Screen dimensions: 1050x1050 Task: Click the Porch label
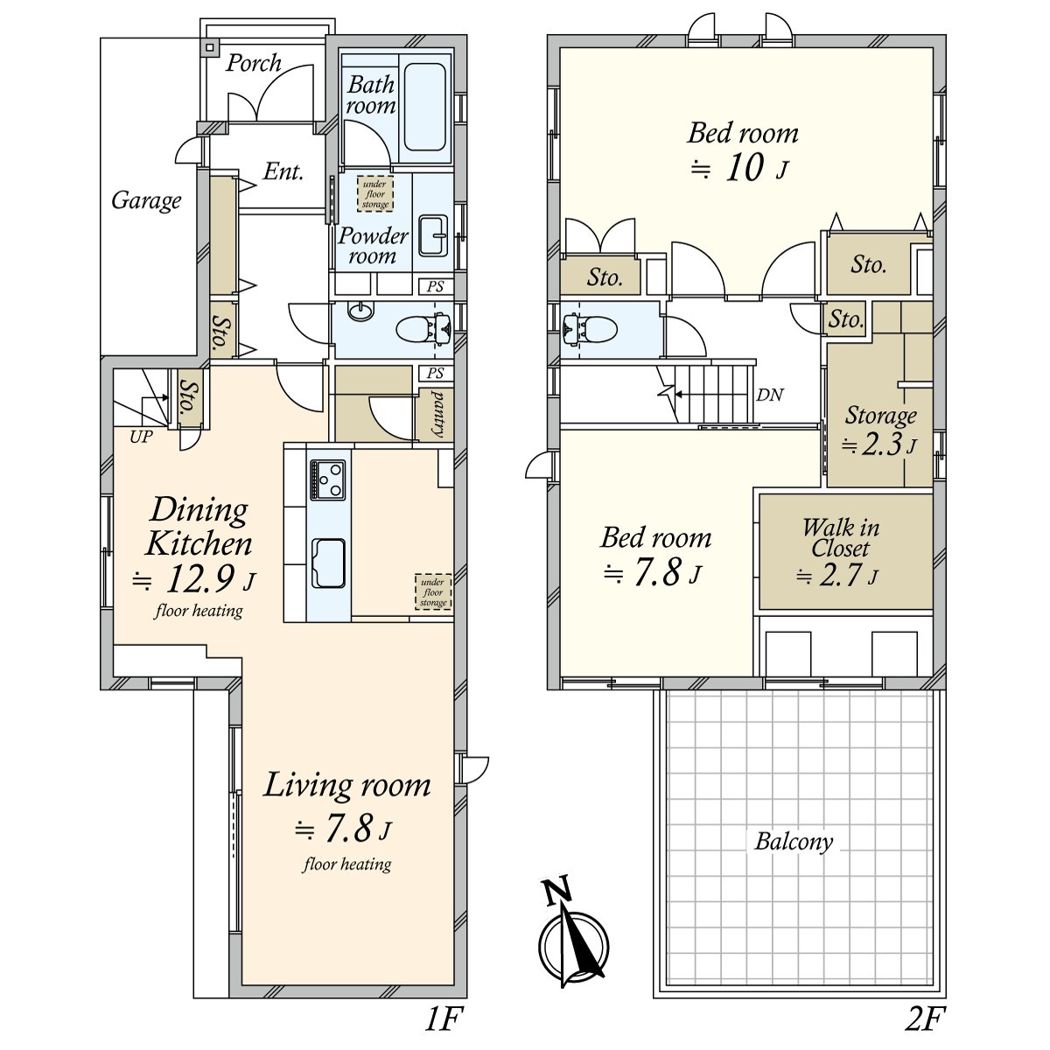click(254, 63)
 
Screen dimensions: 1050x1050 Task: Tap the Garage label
click(146, 201)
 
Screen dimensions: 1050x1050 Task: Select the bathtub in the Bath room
click(425, 107)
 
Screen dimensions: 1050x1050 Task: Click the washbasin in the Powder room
click(433, 235)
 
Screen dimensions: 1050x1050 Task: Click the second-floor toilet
click(591, 330)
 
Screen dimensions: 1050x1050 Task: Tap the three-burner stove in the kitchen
click(327, 479)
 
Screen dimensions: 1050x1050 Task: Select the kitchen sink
click(327, 563)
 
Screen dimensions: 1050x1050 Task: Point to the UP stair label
click(141, 437)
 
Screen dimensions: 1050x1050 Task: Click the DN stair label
click(769, 395)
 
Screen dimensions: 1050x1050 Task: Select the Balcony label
click(794, 842)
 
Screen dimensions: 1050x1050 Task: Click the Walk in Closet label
click(841, 538)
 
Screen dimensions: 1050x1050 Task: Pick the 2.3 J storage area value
click(878, 444)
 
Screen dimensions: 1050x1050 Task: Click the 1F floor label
click(444, 1019)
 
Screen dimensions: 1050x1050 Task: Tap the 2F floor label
click(926, 1019)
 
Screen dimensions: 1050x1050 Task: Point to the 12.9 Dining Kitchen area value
click(194, 578)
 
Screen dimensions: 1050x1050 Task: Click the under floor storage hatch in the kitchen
click(433, 591)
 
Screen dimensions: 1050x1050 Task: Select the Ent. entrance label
click(283, 172)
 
